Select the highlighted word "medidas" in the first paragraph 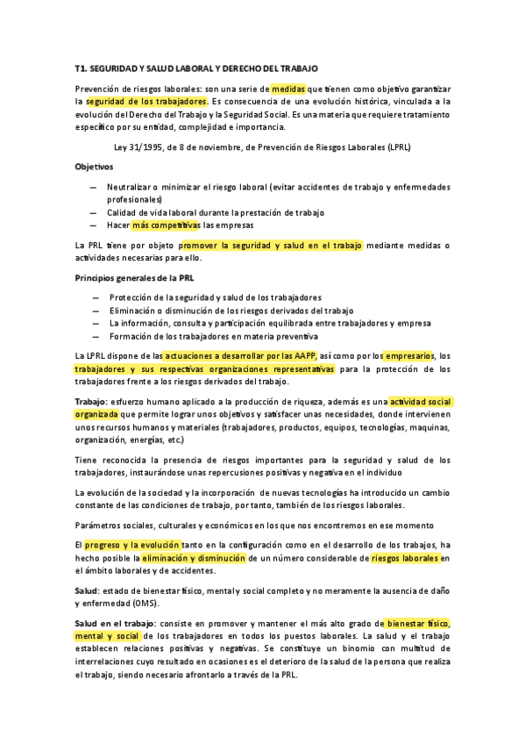[287, 89]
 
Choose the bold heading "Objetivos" [94, 167]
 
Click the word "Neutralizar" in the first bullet [131, 187]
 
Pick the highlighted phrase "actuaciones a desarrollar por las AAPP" [238, 356]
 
